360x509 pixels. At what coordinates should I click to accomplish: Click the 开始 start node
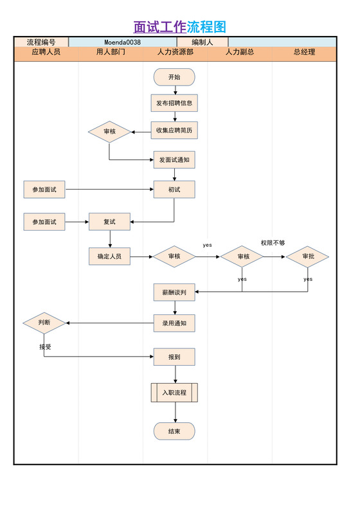pyautogui.click(x=174, y=77)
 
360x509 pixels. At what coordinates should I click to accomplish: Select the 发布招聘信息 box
pyautogui.click(x=174, y=103)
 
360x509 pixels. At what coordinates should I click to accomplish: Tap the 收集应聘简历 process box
pyautogui.click(x=174, y=130)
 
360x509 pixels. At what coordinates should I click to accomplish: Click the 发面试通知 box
pyautogui.click(x=174, y=159)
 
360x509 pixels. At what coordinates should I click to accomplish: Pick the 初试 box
pyautogui.click(x=174, y=190)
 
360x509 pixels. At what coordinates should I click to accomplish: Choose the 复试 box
pyautogui.click(x=109, y=222)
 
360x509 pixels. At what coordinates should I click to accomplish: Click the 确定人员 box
pyautogui.click(x=109, y=256)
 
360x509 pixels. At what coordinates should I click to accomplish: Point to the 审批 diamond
pyautogui.click(x=307, y=256)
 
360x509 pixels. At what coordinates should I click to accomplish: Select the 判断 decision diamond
pyautogui.click(x=44, y=323)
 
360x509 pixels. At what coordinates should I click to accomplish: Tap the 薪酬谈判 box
pyautogui.click(x=174, y=292)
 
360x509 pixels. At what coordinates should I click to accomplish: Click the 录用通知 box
pyautogui.click(x=174, y=323)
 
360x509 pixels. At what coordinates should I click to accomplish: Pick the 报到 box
pyautogui.click(x=174, y=357)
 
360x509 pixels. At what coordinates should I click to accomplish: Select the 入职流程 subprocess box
pyautogui.click(x=174, y=392)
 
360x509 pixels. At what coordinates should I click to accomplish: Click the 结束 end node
pyautogui.click(x=174, y=431)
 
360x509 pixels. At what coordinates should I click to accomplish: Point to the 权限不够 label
pyautogui.click(x=273, y=243)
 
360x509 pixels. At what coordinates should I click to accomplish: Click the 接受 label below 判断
pyautogui.click(x=45, y=346)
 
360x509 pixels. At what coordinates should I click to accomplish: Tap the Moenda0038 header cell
pyautogui.click(x=122, y=42)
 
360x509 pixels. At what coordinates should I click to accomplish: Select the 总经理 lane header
pyautogui.click(x=304, y=53)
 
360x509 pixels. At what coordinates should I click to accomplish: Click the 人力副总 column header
pyautogui.click(x=239, y=53)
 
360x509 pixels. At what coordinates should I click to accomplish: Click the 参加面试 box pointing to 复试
pyautogui.click(x=44, y=222)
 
